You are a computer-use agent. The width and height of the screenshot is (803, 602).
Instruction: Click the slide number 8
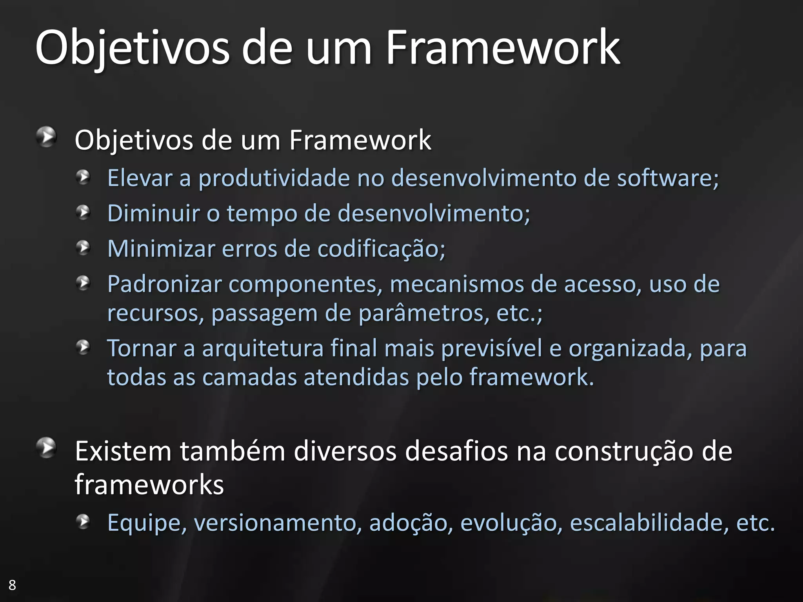click(12, 585)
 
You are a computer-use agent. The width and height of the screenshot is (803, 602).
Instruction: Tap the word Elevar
click(140, 178)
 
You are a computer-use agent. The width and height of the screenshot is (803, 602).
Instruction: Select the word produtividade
click(274, 178)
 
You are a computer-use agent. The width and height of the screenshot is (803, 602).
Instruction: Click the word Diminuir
click(153, 214)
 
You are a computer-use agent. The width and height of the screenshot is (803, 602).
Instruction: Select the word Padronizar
click(164, 284)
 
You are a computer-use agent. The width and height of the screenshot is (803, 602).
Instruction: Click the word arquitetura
click(263, 349)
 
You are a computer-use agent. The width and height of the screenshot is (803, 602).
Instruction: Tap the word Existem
click(123, 451)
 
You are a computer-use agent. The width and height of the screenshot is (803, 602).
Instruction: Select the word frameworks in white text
click(149, 485)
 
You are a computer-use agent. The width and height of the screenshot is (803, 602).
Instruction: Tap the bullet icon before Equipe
click(83, 522)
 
